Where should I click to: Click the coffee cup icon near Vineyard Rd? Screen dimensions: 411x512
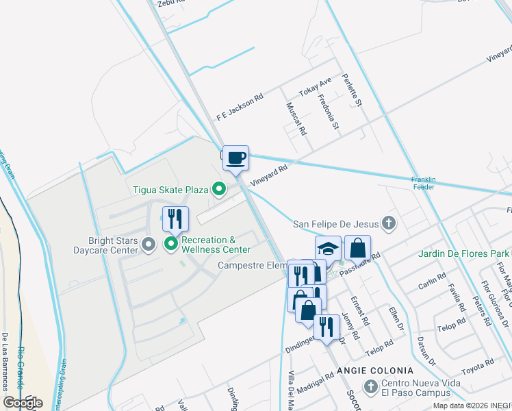[x=235, y=158]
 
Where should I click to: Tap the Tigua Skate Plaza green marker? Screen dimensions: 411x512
[x=219, y=188]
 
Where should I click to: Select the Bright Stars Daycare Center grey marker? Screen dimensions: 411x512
[x=147, y=245]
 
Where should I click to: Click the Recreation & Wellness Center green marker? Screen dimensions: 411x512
[x=170, y=244]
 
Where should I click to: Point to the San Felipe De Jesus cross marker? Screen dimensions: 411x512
[x=389, y=222]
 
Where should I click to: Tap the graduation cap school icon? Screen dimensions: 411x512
[x=329, y=248]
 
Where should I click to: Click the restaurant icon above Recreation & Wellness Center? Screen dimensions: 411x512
[x=175, y=219]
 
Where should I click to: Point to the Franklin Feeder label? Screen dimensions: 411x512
[x=423, y=184]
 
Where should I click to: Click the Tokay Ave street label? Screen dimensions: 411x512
[x=316, y=87]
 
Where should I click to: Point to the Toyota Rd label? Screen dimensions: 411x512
[x=478, y=366]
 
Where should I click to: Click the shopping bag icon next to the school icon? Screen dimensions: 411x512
[x=357, y=248]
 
